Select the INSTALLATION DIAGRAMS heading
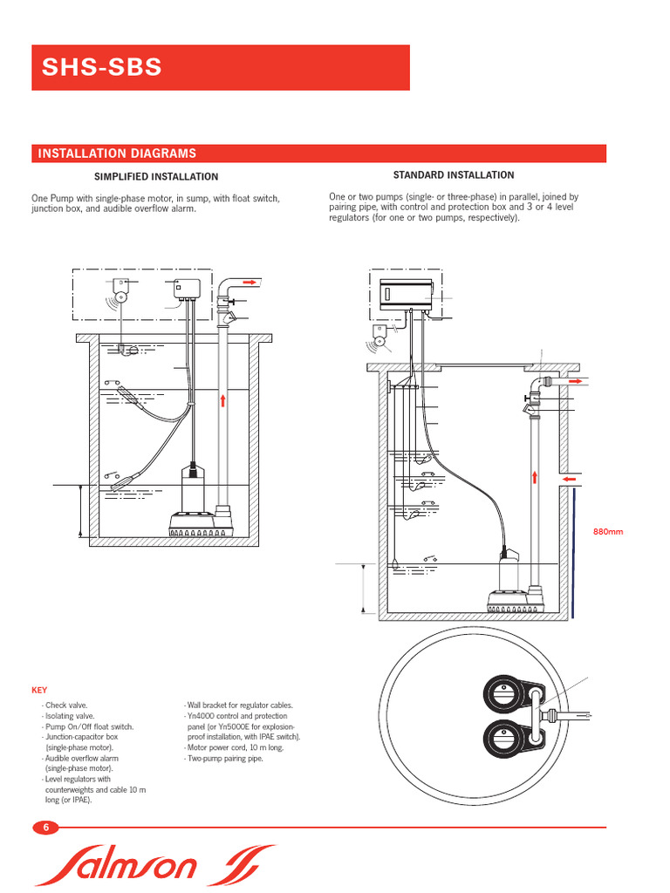pos(116,153)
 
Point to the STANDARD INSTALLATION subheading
pos(453,175)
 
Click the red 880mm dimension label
pos(609,532)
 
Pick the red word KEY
pos(39,690)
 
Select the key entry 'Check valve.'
pos(66,705)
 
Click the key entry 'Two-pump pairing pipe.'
pos(224,758)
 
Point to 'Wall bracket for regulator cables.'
pos(240,705)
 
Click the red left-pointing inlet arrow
pos(571,479)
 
